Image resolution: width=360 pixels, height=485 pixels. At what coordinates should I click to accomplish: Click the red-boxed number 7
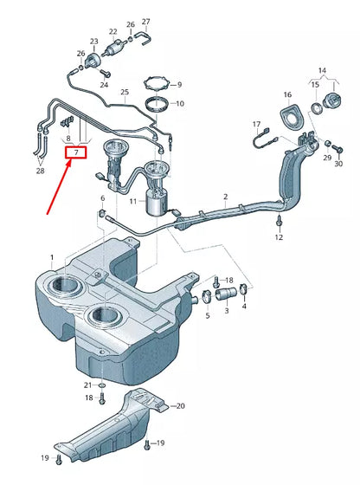click(77, 153)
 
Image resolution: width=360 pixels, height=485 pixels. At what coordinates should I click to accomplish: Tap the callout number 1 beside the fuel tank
click(51, 258)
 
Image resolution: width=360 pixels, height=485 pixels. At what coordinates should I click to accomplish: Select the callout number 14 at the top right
click(322, 69)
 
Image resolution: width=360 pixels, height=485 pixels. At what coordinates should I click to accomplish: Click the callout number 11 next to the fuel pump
click(132, 201)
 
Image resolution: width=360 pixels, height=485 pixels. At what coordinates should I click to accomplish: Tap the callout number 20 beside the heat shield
click(180, 405)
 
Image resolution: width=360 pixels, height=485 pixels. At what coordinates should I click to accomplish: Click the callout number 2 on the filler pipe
click(226, 197)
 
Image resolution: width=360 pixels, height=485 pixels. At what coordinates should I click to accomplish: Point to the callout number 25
click(125, 91)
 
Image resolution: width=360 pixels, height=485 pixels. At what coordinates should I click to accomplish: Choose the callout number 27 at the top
click(145, 21)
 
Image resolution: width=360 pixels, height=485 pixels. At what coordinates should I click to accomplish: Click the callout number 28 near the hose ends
click(40, 171)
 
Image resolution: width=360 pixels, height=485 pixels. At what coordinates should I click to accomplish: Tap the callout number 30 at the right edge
click(338, 164)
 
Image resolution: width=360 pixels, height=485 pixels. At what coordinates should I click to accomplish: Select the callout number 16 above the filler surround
click(288, 94)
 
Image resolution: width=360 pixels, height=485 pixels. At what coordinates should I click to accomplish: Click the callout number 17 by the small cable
click(256, 125)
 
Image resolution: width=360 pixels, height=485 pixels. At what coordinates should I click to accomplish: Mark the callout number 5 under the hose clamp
click(208, 316)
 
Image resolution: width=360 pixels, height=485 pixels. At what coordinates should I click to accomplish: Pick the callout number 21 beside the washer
click(87, 384)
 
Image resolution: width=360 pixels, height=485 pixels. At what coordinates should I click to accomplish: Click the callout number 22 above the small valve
click(113, 31)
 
